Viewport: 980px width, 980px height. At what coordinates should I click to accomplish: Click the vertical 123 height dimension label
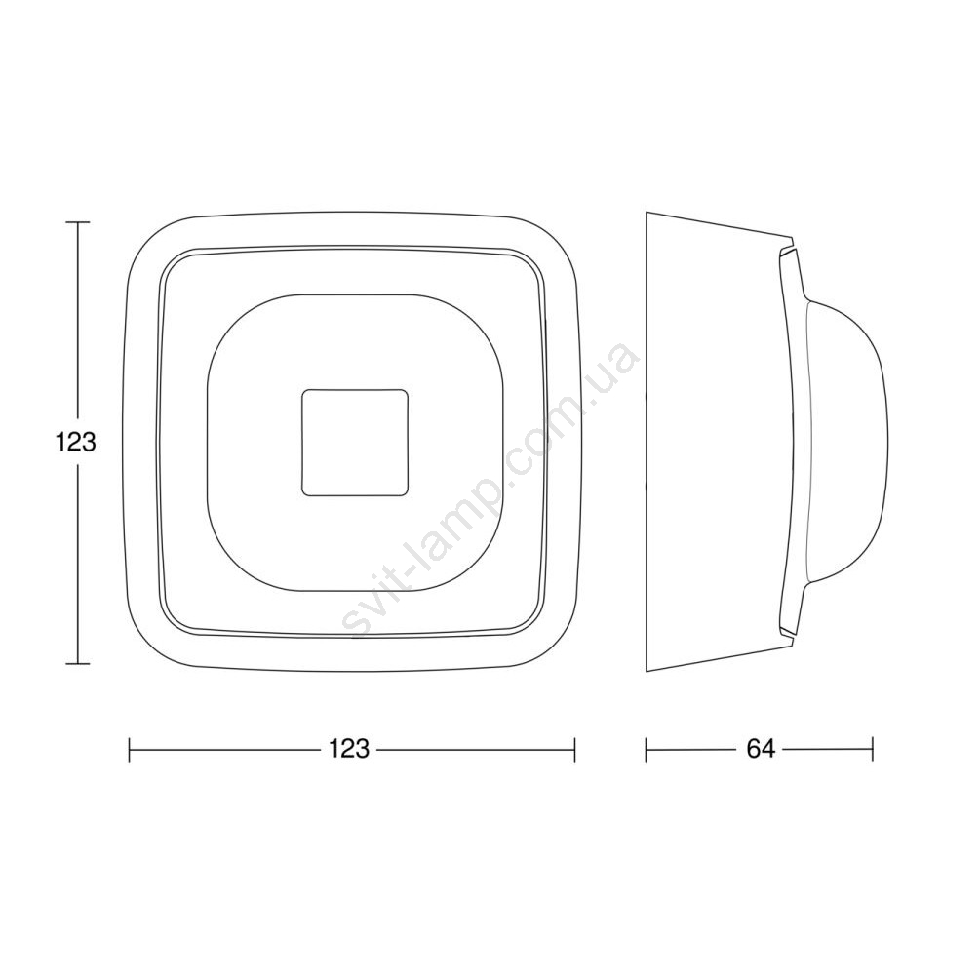(x=76, y=443)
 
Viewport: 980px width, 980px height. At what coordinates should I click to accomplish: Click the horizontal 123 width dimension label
(x=349, y=748)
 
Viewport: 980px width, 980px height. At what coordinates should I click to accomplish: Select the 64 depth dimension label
(x=761, y=748)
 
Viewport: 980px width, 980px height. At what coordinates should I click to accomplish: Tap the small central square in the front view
(x=355, y=443)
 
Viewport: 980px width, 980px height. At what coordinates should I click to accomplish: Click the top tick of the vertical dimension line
(x=77, y=222)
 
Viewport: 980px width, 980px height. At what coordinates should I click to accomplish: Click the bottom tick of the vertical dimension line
(x=77, y=663)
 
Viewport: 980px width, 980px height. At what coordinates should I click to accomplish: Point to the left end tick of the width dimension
(x=129, y=749)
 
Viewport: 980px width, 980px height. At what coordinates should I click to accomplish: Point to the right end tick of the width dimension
(x=574, y=749)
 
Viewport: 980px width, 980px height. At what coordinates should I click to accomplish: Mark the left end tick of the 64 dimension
(x=646, y=749)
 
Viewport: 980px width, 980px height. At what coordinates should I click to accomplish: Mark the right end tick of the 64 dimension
(x=873, y=749)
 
